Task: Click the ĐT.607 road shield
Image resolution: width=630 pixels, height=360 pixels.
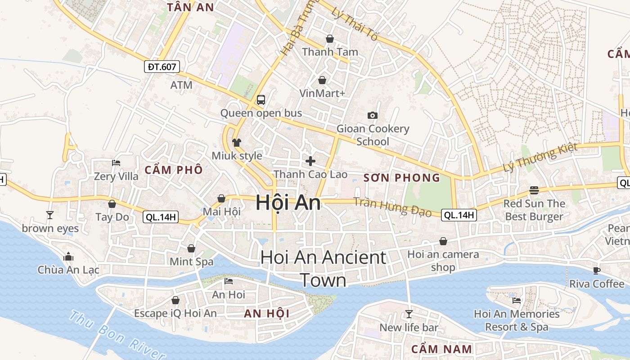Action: pyautogui.click(x=162, y=67)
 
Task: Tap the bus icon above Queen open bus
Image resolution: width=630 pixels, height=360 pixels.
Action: pyautogui.click(x=261, y=99)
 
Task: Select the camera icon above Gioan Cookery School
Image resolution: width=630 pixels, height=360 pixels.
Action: pyautogui.click(x=372, y=115)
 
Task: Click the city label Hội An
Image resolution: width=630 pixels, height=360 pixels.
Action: pyautogui.click(x=288, y=202)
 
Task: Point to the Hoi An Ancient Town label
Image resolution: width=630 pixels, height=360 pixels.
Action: pyautogui.click(x=323, y=269)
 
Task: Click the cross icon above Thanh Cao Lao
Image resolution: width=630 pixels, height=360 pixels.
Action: pyautogui.click(x=310, y=161)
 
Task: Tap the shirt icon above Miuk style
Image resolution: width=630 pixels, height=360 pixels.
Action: pyautogui.click(x=237, y=143)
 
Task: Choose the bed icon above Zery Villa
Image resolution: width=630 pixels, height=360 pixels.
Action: pyautogui.click(x=116, y=163)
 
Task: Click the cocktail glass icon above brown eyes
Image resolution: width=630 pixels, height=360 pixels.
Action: pyautogui.click(x=50, y=215)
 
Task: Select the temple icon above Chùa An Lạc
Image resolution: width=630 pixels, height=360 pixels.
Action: pyautogui.click(x=68, y=257)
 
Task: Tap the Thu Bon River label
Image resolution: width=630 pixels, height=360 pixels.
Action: pyautogui.click(x=117, y=335)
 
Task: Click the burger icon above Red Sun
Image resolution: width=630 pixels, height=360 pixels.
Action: pyautogui.click(x=534, y=190)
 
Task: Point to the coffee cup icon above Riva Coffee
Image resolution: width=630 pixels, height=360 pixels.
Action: pyautogui.click(x=597, y=270)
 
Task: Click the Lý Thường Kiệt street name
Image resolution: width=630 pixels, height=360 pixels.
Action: pyautogui.click(x=540, y=157)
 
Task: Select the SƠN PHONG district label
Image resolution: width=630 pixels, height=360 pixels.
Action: pyautogui.click(x=402, y=178)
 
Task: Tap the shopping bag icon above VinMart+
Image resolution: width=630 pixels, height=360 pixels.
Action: pyautogui.click(x=322, y=80)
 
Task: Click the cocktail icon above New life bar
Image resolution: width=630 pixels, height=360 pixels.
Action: pyautogui.click(x=409, y=314)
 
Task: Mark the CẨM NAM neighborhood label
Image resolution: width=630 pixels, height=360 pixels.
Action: pyautogui.click(x=441, y=349)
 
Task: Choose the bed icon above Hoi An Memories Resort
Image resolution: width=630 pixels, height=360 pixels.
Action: pyautogui.click(x=516, y=300)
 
